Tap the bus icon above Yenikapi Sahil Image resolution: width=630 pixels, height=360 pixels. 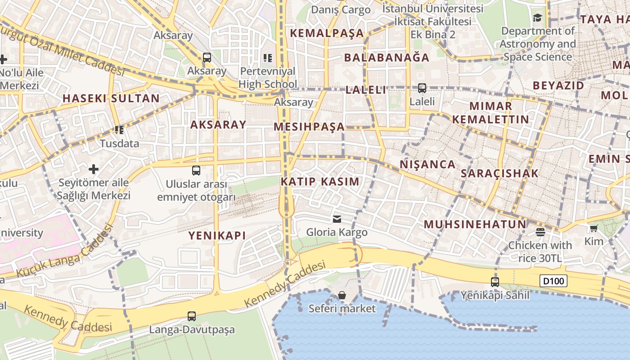[495, 282]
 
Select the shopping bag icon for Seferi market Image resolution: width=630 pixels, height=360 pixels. [342, 295]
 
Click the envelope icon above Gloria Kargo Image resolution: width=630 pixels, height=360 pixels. [337, 219]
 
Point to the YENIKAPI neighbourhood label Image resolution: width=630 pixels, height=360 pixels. [217, 235]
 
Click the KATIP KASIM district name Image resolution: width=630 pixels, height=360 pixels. [320, 182]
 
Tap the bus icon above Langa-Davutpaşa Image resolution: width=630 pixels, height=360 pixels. [192, 316]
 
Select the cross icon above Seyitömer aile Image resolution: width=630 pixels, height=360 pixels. [94, 169]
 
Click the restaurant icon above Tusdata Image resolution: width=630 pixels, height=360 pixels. [119, 130]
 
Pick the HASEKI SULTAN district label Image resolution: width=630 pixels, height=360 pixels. [111, 99]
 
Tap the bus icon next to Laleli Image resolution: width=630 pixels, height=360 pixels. [422, 88]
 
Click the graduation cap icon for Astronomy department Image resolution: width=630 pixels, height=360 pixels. [537, 18]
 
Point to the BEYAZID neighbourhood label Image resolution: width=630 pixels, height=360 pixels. [558, 85]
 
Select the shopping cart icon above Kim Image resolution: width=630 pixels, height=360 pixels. [594, 229]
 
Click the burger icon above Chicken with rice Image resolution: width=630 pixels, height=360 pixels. [540, 232]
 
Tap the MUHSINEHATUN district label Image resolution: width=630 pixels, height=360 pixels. [475, 225]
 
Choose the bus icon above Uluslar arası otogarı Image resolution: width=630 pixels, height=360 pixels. [196, 171]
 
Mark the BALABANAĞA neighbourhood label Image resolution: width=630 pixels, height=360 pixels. [387, 58]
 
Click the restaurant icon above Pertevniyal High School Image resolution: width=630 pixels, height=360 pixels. [268, 58]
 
